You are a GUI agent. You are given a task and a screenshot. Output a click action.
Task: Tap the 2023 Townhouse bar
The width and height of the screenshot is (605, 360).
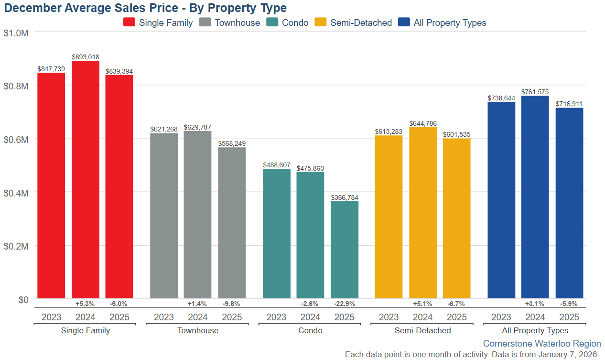click(x=164, y=216)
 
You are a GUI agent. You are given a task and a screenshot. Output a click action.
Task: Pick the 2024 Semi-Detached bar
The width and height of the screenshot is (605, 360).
click(x=423, y=213)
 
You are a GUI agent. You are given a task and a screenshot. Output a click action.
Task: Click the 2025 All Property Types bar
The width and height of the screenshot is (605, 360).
click(x=569, y=203)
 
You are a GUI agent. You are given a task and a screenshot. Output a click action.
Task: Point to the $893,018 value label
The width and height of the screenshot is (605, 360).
click(x=86, y=57)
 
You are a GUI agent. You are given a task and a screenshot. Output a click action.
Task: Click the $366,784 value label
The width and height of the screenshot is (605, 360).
click(x=345, y=197)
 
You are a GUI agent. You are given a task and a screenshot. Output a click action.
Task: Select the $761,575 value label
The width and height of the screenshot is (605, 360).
click(x=535, y=92)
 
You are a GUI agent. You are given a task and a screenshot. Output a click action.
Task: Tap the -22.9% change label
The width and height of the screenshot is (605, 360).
click(x=345, y=304)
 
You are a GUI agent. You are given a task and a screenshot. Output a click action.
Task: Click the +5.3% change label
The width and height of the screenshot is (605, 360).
click(x=86, y=304)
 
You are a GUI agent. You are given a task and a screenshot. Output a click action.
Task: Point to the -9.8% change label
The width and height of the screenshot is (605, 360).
click(x=232, y=304)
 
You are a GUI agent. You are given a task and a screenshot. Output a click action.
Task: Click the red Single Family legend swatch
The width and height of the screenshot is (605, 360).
click(x=130, y=22)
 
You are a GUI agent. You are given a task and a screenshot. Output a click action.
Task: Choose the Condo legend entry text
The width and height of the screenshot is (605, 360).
click(x=295, y=22)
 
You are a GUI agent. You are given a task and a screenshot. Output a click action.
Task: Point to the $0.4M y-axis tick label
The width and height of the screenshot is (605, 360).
click(x=16, y=193)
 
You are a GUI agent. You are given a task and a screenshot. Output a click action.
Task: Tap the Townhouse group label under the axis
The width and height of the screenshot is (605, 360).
click(x=198, y=330)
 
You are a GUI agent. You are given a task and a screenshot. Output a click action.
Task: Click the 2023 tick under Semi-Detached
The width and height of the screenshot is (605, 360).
click(x=389, y=317)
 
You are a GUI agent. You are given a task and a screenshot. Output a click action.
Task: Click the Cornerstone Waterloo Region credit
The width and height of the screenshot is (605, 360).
click(x=542, y=344)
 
